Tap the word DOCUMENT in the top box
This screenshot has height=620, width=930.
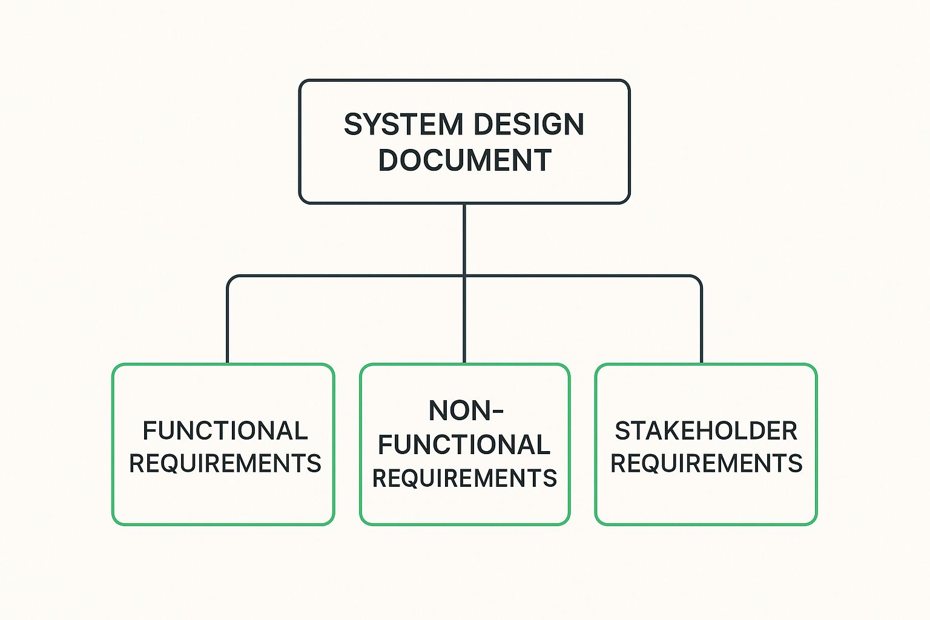click(x=464, y=160)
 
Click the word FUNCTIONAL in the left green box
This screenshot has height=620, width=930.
click(x=225, y=431)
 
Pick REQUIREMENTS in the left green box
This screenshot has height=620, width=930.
click(x=225, y=464)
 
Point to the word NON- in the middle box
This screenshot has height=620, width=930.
click(x=466, y=411)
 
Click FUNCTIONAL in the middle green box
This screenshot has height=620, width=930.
click(x=464, y=445)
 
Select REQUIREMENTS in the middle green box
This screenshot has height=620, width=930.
click(x=464, y=478)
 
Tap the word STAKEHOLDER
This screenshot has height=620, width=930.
click(x=706, y=431)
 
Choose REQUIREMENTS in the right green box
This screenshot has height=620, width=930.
click(x=706, y=464)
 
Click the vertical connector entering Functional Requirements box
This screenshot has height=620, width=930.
click(x=228, y=327)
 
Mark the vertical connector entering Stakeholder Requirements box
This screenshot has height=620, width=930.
click(x=702, y=327)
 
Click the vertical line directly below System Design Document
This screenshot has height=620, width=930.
click(x=464, y=239)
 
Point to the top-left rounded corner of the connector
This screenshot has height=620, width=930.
click(x=231, y=279)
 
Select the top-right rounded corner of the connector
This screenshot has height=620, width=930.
click(x=699, y=279)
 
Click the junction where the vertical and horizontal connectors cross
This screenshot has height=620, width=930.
click(x=464, y=276)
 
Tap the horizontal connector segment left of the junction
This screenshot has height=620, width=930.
click(x=345, y=276)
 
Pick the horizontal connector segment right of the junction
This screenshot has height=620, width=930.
click(x=581, y=276)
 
